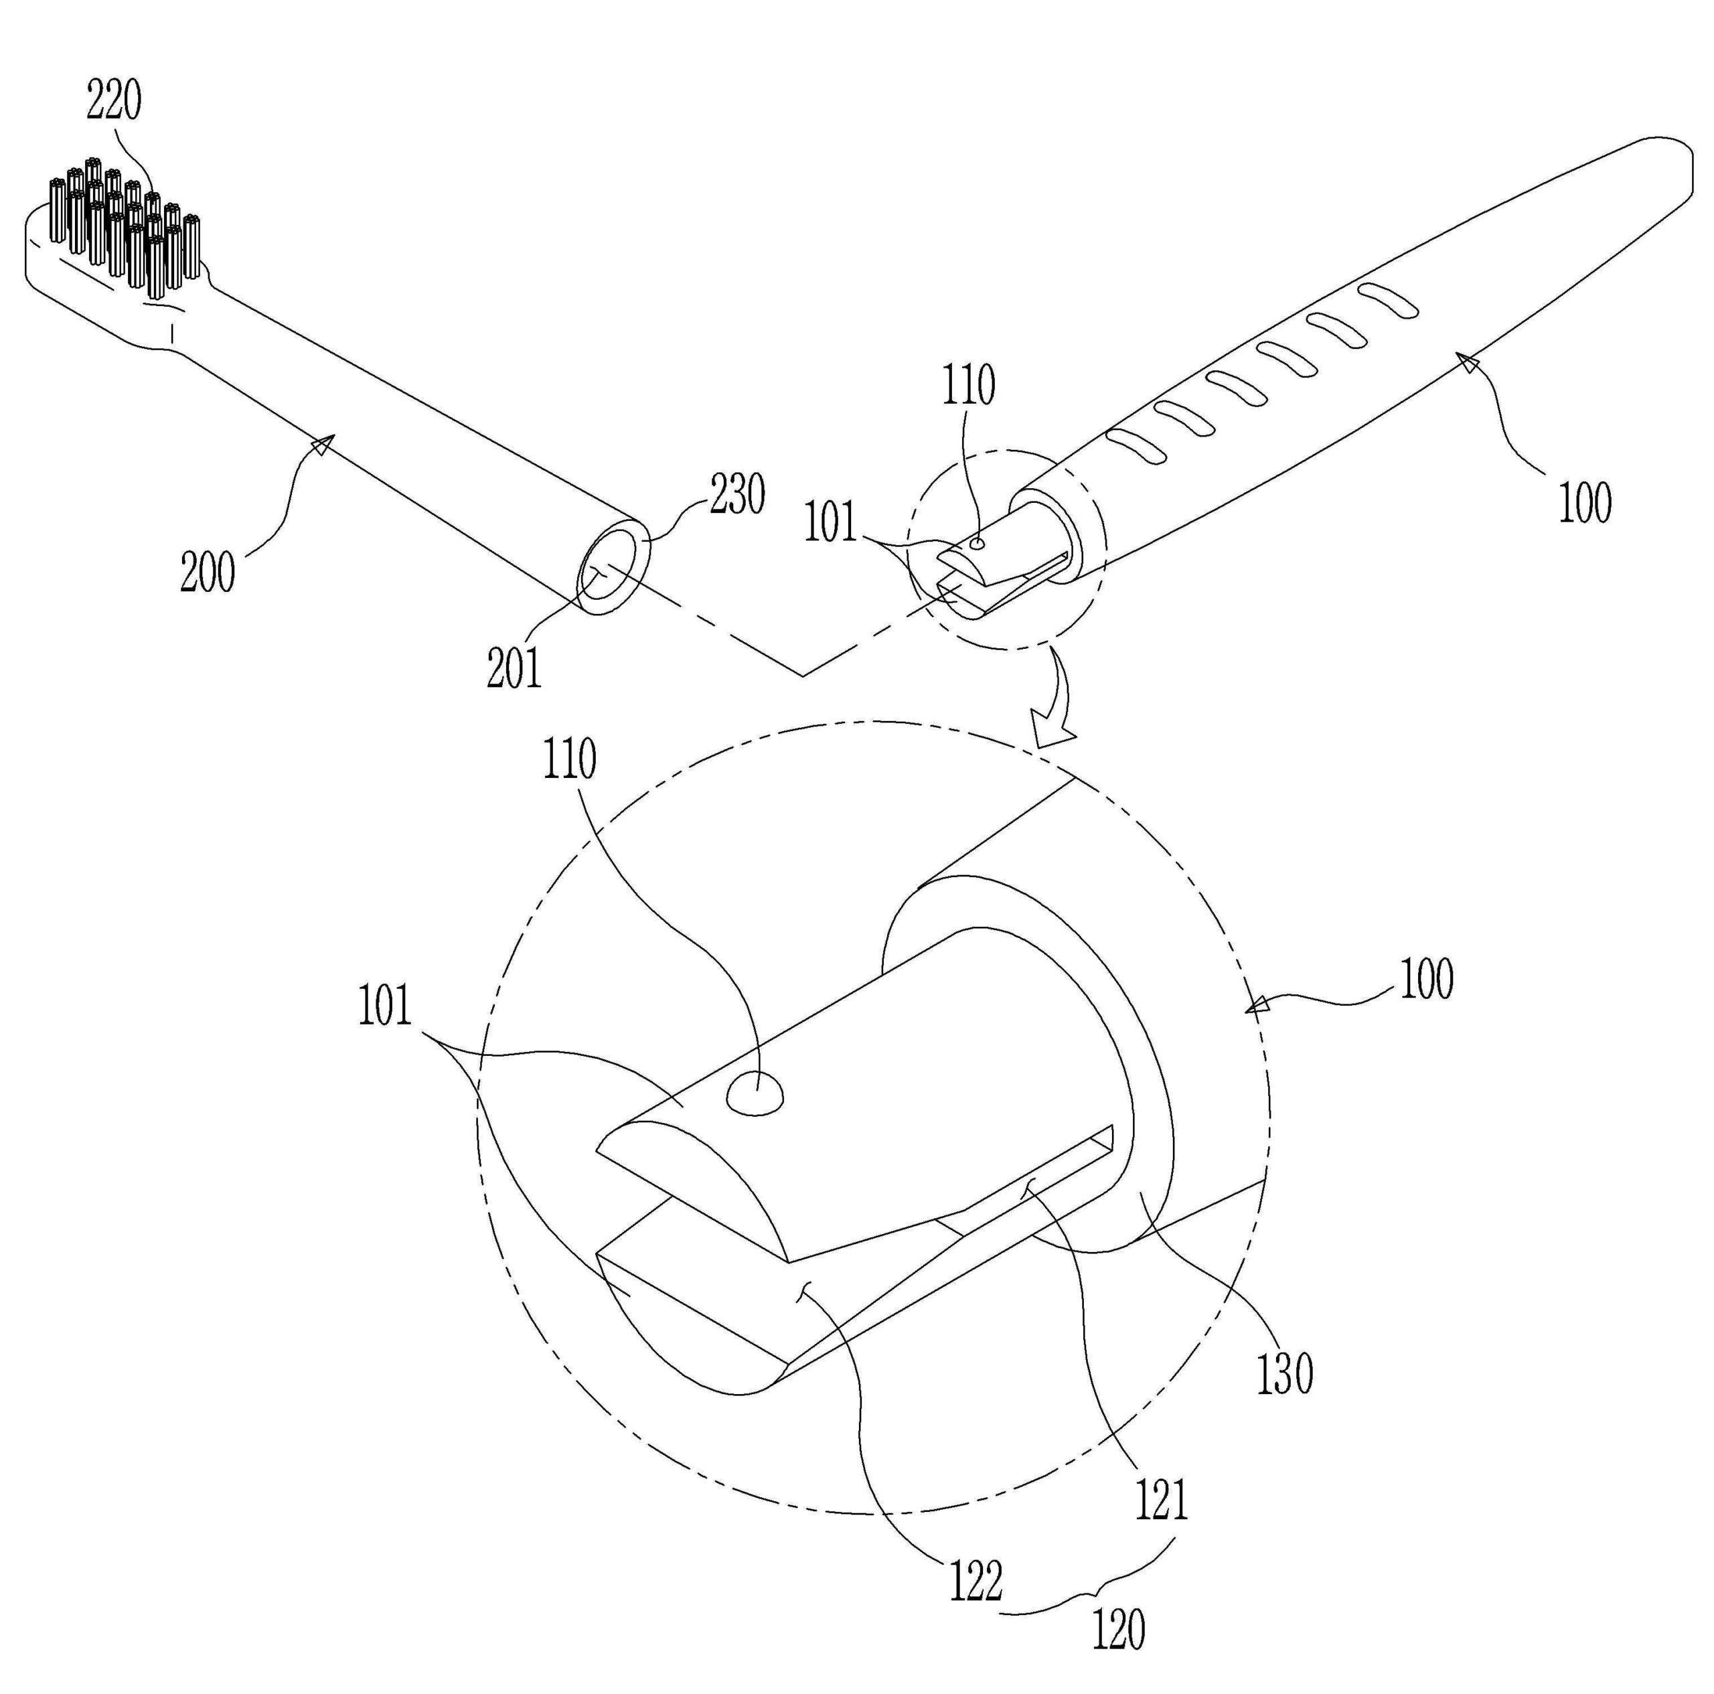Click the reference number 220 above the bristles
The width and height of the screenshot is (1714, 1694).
tap(114, 101)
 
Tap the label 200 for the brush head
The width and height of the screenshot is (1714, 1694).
tap(208, 572)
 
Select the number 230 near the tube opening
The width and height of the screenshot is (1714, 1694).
tap(736, 494)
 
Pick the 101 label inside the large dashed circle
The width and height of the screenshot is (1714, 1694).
tap(384, 1007)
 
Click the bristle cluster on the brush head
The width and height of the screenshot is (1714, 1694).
tap(125, 226)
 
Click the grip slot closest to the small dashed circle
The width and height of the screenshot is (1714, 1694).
tap(1136, 445)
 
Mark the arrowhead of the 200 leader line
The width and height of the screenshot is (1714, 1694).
tap(322, 445)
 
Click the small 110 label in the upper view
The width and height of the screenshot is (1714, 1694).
tap(968, 386)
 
